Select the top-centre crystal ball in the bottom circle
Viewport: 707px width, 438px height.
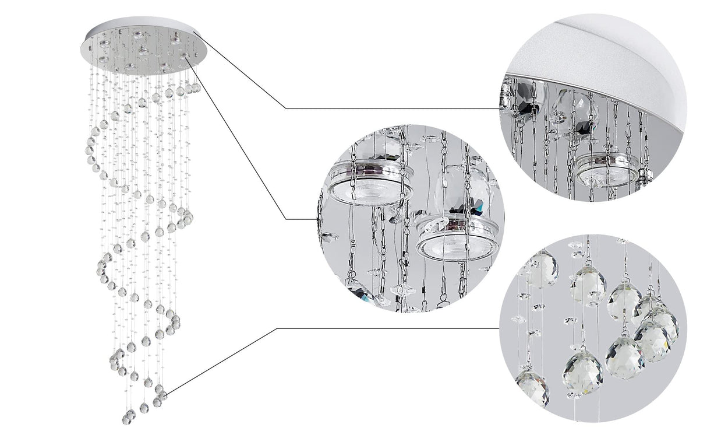(x=588, y=285)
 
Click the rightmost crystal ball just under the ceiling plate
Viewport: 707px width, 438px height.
(x=196, y=87)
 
